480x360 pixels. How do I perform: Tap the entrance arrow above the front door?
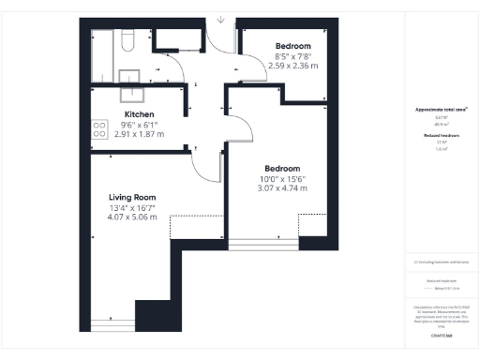(x=220, y=18)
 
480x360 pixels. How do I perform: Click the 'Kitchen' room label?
(x=139, y=114)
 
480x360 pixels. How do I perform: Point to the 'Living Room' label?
(x=131, y=197)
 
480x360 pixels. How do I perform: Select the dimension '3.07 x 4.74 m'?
(x=282, y=188)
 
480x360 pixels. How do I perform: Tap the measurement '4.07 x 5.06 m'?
(x=131, y=217)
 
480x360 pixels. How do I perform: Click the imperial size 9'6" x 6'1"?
(x=139, y=125)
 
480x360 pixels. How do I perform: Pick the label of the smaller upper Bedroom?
(x=292, y=46)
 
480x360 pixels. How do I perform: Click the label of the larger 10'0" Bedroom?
(x=282, y=169)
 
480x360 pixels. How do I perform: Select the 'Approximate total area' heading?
(x=441, y=110)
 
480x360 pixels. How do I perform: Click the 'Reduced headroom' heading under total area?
(x=441, y=135)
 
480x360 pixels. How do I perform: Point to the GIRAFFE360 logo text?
(x=441, y=334)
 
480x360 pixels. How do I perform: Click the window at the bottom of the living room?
(x=112, y=325)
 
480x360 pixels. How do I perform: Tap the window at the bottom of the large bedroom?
(x=264, y=245)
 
